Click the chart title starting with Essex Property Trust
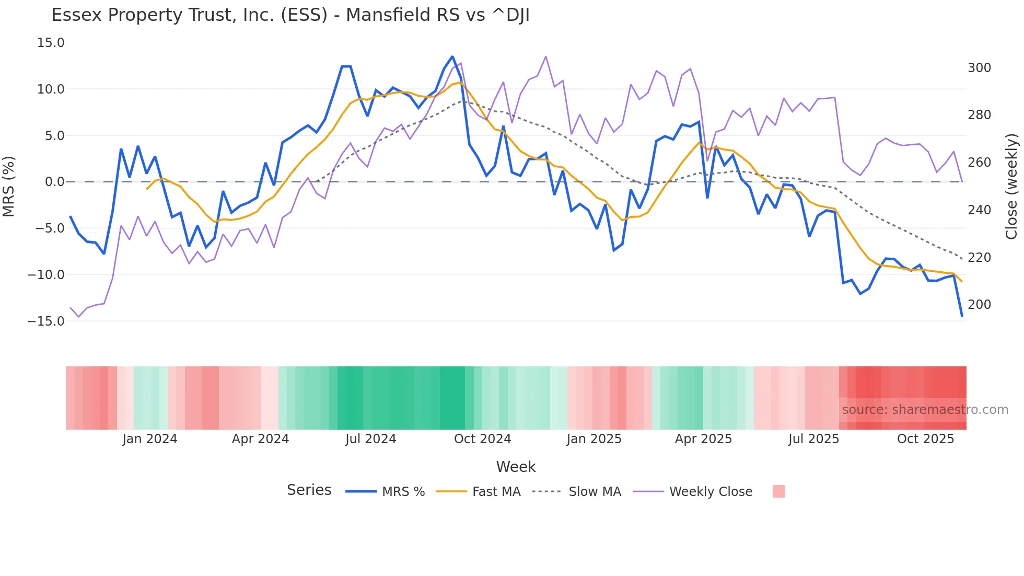(290, 15)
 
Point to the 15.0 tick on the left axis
(51, 43)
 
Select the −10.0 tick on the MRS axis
(46, 275)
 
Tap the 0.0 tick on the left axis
(54, 182)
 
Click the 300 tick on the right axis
(979, 68)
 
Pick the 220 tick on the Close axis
(979, 258)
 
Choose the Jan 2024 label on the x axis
(150, 439)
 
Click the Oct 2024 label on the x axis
(482, 439)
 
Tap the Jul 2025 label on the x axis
(813, 439)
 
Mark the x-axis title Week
(516, 467)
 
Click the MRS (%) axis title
(9, 187)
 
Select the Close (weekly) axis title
(1011, 187)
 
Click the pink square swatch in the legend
(778, 491)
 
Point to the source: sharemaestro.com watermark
(925, 410)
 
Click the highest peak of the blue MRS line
(452, 56)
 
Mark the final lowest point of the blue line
(962, 316)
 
